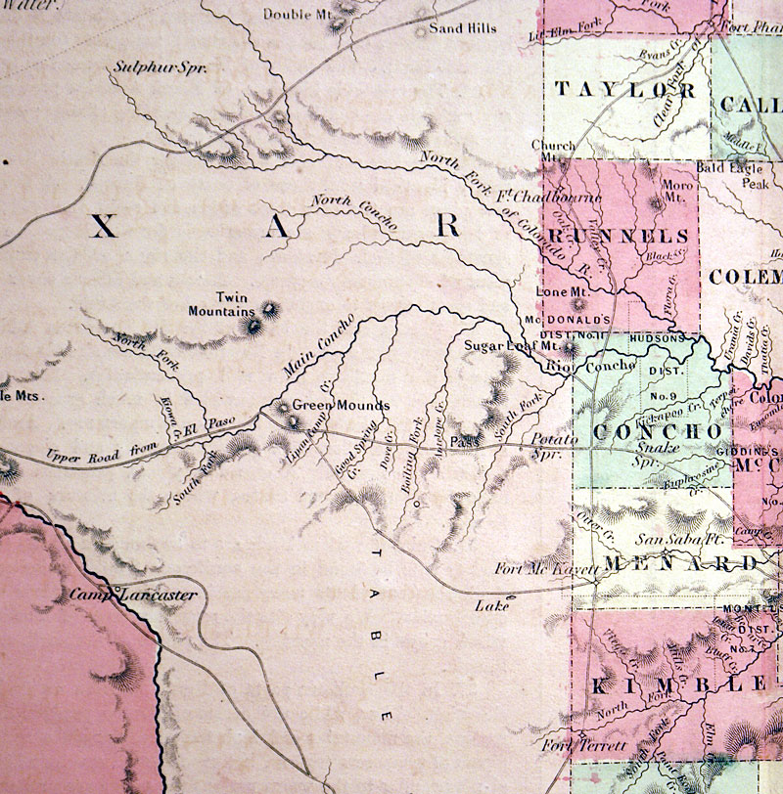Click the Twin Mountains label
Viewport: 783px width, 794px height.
[222, 304]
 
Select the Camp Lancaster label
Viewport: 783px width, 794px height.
[133, 595]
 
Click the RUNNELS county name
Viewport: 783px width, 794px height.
[619, 238]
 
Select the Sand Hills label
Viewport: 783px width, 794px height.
[463, 29]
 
